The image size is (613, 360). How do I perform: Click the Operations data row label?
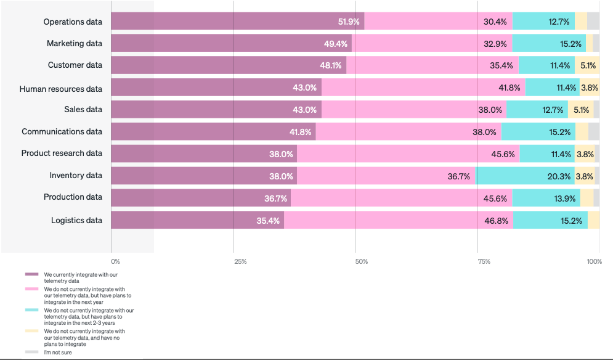pos(73,22)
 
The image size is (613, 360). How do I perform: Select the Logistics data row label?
pos(76,220)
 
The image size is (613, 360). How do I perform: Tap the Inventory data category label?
pos(76,176)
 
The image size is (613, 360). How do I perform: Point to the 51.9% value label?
pos(349,22)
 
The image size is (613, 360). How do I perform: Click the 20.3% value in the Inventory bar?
pos(559,176)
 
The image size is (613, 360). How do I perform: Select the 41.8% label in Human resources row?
pos(509,88)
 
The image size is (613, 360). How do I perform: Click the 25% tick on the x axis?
pos(240,262)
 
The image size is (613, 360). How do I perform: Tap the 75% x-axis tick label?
pos(484,262)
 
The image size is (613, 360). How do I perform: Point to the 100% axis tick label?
pos(594,262)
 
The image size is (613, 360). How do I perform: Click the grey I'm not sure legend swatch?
pos(32,352)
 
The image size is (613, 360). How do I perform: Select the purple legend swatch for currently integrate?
pos(32,274)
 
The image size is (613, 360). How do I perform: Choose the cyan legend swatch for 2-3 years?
pos(32,310)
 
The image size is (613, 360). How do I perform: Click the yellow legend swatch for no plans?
pos(32,331)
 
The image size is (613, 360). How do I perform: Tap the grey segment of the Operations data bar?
pos(593,21)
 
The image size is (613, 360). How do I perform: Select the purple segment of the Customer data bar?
pos(228,65)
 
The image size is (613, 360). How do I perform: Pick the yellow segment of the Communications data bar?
pos(582,131)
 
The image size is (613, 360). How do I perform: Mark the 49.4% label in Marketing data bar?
pos(336,44)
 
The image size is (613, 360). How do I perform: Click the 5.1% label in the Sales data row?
pos(581,110)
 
